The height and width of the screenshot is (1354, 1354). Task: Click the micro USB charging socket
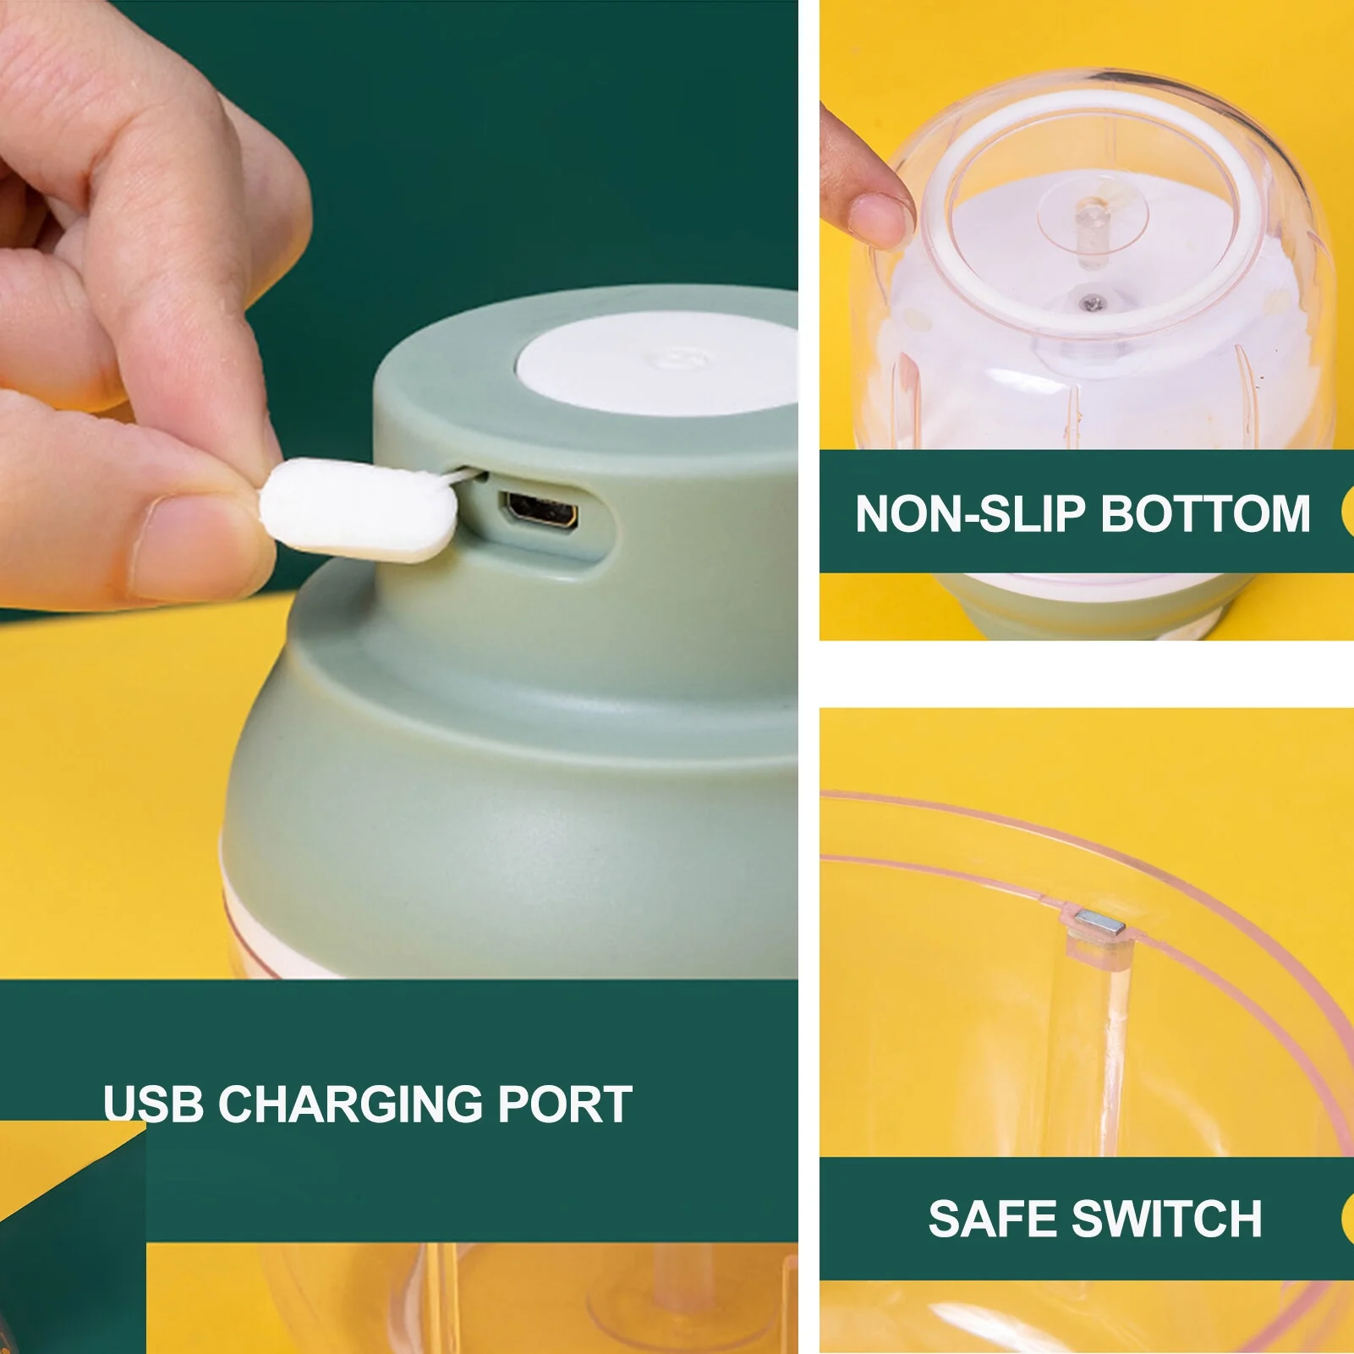click(x=542, y=512)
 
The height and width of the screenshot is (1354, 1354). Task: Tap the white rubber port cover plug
click(x=359, y=510)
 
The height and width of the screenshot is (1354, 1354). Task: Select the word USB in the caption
click(x=153, y=1104)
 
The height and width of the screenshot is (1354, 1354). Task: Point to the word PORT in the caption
click(x=565, y=1104)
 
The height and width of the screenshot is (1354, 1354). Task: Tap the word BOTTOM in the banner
click(x=1205, y=513)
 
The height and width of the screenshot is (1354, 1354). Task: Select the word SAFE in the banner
click(x=992, y=1219)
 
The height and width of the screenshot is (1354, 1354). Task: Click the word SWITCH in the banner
click(x=1166, y=1219)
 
